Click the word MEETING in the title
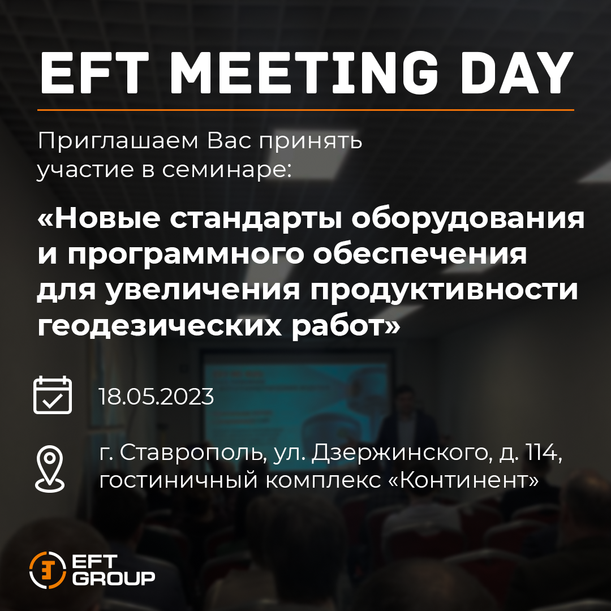304,72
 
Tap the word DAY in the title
518,72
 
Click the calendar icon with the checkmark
53,395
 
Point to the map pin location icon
50,469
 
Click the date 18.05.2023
156,397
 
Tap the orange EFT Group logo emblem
47,570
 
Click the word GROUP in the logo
113,578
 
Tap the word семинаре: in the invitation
227,170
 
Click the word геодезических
160,326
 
